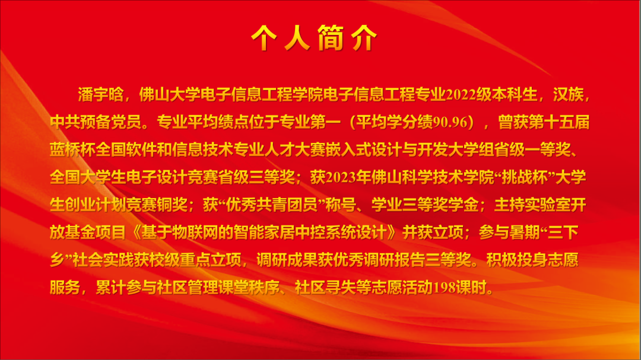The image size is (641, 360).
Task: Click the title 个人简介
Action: (314, 37)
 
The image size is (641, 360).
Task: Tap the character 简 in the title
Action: (331, 37)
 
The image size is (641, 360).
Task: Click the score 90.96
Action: (450, 122)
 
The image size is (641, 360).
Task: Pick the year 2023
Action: (341, 178)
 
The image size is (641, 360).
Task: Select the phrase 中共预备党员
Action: (96, 122)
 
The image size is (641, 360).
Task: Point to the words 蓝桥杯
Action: (73, 150)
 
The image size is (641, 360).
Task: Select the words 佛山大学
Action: (170, 95)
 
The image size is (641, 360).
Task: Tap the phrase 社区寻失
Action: (325, 288)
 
